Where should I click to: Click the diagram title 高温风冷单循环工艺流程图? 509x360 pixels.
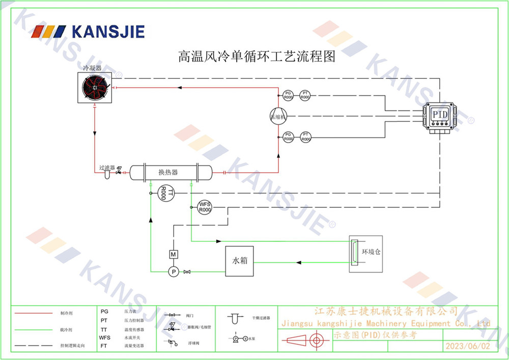(x=256, y=56)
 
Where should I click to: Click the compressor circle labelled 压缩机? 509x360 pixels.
(x=278, y=116)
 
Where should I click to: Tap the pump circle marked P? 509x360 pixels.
(x=173, y=272)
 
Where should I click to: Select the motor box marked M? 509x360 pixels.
(x=173, y=254)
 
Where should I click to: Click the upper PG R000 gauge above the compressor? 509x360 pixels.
(x=288, y=95)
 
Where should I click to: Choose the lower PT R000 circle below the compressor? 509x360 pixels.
(x=305, y=136)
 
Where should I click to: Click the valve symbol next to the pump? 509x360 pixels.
(x=187, y=272)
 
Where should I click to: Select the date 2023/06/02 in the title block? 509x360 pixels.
(x=466, y=346)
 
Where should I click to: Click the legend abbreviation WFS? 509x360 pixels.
(x=104, y=337)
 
